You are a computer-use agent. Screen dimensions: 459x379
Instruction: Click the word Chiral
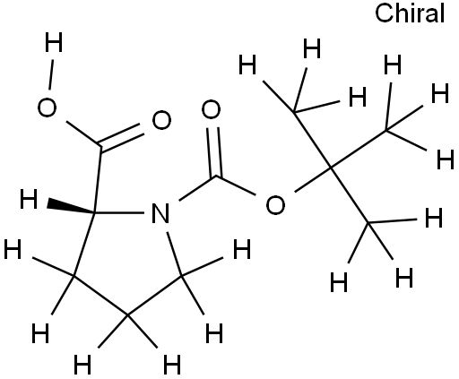410,13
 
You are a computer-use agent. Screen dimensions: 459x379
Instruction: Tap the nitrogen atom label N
160,213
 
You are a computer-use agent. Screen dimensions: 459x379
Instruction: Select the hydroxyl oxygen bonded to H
47,108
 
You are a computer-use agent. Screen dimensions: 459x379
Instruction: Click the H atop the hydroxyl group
54,42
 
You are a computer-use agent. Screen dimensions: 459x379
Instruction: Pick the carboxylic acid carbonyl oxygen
161,120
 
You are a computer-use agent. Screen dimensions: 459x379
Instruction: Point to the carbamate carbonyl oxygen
211,109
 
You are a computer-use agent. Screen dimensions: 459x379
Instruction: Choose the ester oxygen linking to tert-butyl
275,205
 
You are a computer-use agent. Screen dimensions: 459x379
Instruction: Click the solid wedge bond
71,207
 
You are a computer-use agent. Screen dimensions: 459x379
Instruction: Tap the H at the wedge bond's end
29,199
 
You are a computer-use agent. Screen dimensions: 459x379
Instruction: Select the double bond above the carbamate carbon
214,152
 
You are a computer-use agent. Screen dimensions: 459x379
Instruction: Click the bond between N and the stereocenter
119,213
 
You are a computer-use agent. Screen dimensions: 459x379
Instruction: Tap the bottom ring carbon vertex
127,315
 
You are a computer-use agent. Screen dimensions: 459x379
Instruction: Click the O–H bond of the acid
51,74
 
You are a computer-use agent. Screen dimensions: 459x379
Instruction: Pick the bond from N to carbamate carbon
197,188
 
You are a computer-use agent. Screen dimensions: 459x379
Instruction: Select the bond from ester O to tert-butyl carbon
313,180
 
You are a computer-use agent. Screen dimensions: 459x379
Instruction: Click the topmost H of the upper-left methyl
312,48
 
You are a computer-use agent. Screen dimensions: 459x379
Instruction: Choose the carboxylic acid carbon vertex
100,146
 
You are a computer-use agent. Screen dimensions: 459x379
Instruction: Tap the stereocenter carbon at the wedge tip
94,213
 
